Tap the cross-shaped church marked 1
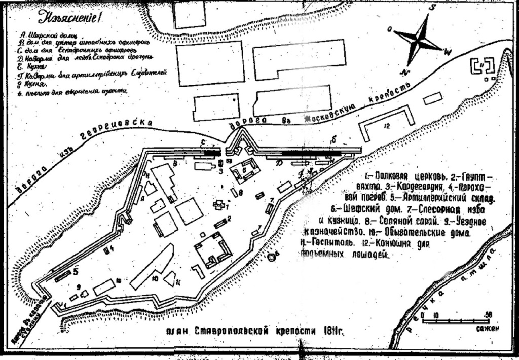[219, 205]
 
